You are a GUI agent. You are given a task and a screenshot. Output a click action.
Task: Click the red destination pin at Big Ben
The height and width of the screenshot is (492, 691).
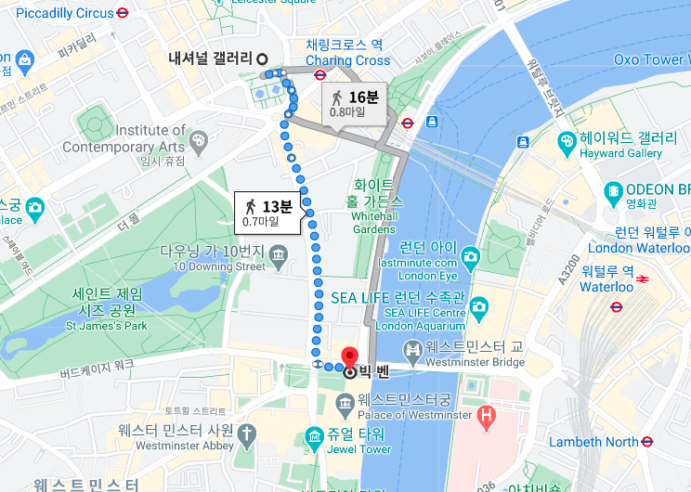point(350,356)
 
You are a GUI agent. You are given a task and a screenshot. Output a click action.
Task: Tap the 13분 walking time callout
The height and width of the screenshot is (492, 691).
point(268,213)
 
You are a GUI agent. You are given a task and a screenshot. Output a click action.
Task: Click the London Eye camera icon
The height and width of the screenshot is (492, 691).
point(470,255)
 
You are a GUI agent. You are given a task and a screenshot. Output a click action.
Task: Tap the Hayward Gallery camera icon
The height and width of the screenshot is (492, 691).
point(567,140)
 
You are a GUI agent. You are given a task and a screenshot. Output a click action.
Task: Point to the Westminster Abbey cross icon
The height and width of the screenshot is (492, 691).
point(246,434)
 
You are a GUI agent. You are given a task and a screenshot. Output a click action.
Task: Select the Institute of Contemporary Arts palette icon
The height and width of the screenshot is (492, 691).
point(199,140)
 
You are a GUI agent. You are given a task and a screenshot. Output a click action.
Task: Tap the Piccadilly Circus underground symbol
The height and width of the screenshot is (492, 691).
point(123,13)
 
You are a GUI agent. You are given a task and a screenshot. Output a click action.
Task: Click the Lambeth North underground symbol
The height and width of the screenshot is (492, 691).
point(636,442)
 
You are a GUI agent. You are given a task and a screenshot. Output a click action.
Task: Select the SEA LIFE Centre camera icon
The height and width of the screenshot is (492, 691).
point(478,306)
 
